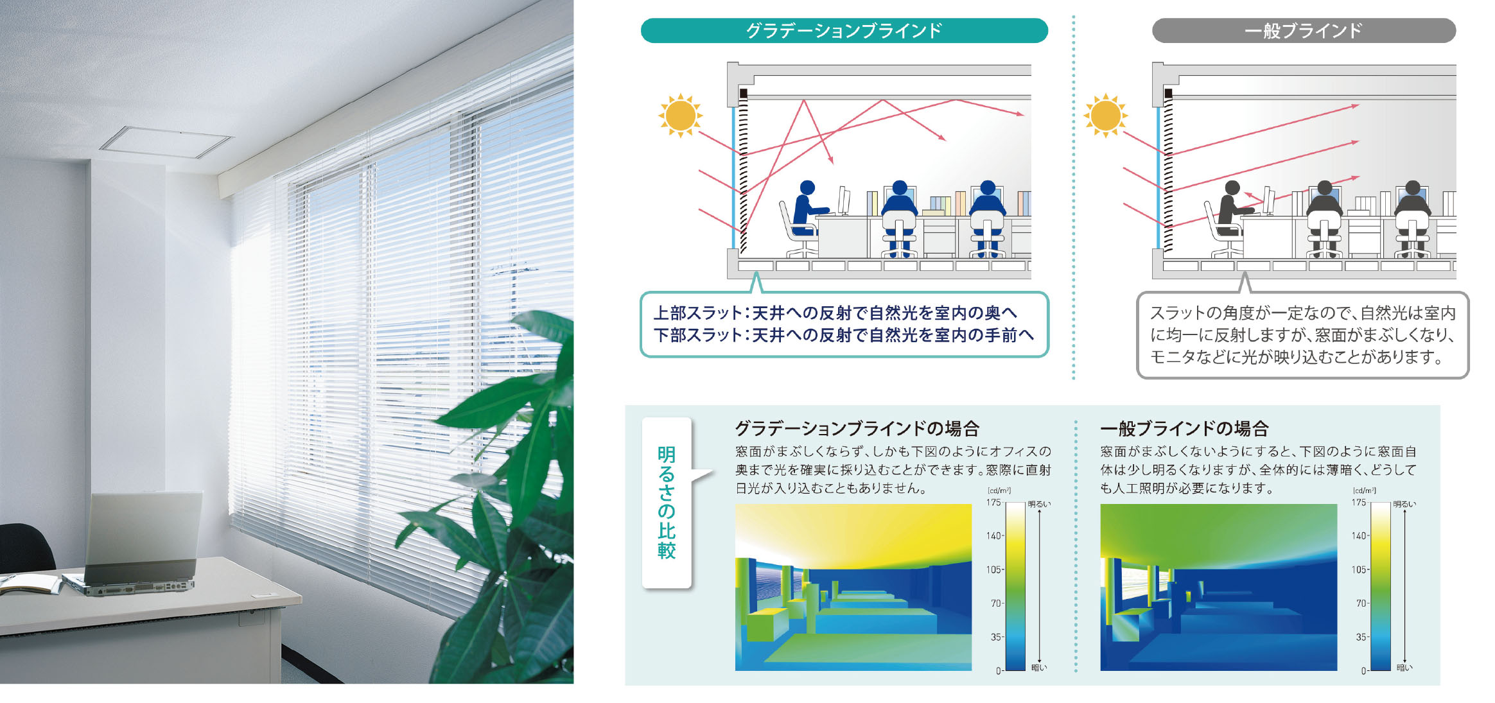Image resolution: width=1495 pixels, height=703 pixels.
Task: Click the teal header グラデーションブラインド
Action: coord(844,31)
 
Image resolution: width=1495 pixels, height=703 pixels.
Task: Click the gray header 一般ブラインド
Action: coord(1304,31)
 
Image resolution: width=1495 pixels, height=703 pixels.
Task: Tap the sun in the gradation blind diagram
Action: coord(680,116)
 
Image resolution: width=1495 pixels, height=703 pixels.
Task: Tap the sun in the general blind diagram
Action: coord(1105,116)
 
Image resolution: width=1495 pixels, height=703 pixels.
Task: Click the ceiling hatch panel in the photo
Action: coord(166,142)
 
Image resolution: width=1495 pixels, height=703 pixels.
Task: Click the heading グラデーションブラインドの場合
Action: coord(857,428)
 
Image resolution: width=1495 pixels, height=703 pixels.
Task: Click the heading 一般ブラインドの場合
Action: coord(1184,428)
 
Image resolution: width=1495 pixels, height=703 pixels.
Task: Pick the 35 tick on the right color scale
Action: coord(1361,637)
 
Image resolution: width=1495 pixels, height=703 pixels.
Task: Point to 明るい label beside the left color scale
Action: coord(1039,504)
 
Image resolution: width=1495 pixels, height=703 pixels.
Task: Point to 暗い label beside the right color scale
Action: coord(1404,668)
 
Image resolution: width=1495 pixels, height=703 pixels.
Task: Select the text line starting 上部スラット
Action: coord(835,313)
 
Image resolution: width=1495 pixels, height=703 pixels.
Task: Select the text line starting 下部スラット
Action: coord(844,334)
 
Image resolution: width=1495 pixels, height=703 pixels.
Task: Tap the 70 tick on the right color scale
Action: coord(1361,603)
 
